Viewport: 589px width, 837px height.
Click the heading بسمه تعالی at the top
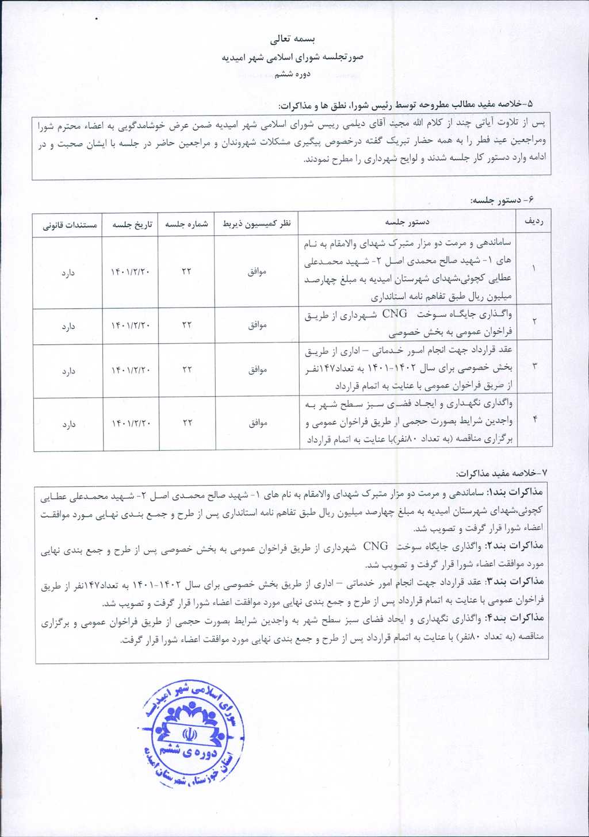293,40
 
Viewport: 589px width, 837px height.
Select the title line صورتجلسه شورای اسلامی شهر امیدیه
293,57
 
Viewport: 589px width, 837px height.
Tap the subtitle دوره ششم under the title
293,74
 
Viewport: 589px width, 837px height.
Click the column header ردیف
534,222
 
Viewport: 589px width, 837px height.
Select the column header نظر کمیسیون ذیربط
257,224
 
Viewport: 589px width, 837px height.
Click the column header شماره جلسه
186,224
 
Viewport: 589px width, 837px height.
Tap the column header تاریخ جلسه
132,224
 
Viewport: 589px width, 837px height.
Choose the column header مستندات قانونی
70,225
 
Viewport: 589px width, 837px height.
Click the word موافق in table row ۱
257,271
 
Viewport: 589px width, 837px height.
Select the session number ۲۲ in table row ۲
186,325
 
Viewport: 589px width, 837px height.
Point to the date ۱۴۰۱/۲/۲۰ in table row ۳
131,370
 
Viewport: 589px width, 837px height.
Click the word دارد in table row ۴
68,424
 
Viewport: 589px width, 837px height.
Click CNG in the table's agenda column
395,314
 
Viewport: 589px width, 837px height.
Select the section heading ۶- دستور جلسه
503,200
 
